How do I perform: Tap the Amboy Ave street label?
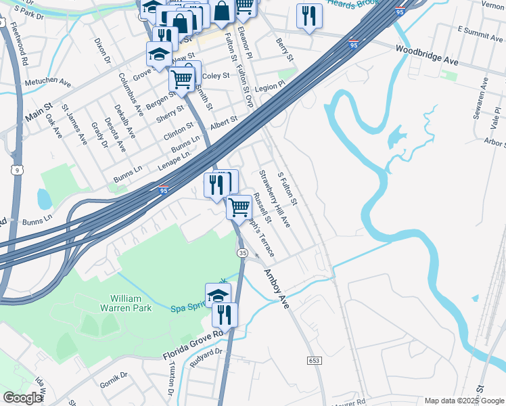tap(276, 288)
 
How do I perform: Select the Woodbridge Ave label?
tap(427, 55)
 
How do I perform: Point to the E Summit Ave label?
tap(480, 31)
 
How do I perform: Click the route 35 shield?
tap(242, 252)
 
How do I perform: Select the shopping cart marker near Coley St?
tap(181, 79)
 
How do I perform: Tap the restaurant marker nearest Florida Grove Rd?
tap(224, 315)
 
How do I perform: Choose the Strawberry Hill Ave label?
tap(275, 198)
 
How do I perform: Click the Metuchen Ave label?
tap(48, 82)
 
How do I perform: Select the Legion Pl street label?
tap(271, 88)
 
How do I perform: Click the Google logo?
tap(23, 398)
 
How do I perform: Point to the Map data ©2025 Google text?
tap(463, 401)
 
